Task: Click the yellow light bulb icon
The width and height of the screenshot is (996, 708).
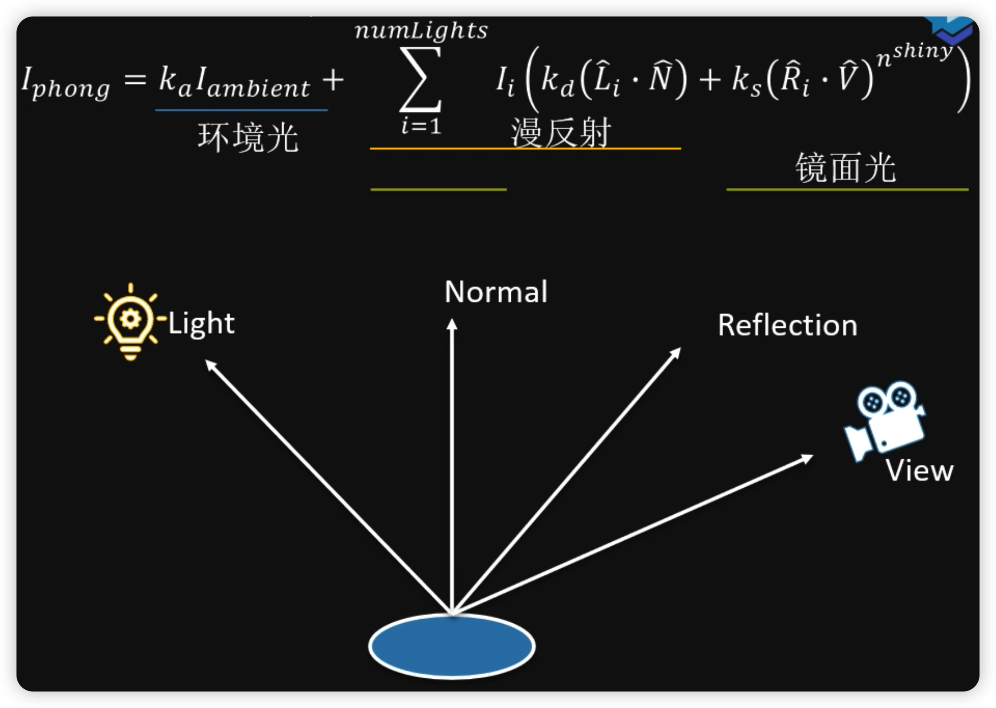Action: coord(130,321)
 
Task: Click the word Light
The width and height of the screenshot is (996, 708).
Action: coord(201,324)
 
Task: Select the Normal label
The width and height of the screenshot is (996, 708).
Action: coord(496,292)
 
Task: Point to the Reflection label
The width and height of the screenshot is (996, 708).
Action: coord(787,326)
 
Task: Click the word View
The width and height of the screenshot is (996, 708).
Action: coord(919,471)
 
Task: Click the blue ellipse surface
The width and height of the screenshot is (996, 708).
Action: coord(452,646)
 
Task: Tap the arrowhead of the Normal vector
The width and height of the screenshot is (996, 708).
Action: coord(452,324)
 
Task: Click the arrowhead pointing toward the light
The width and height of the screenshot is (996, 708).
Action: coord(211,365)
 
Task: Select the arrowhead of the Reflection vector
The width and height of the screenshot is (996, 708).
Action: coord(676,353)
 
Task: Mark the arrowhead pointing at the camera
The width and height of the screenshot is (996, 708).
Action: coord(807,458)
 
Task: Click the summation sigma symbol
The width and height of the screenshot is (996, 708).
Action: coord(421,80)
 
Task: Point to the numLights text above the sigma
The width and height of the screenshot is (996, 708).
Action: coord(421,31)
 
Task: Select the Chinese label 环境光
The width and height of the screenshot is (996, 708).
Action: coord(248,137)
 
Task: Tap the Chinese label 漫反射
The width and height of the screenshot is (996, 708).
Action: coord(561,133)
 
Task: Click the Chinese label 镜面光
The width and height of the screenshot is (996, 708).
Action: coord(845,168)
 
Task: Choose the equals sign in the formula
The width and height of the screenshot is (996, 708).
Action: coord(135,81)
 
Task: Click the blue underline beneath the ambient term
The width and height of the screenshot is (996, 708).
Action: coord(241,110)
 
